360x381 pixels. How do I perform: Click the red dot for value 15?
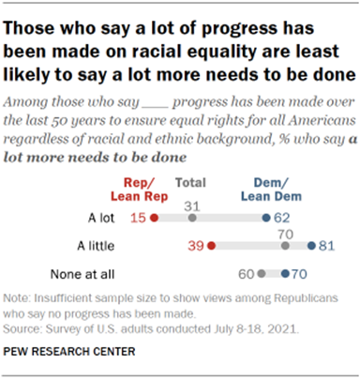point(153,217)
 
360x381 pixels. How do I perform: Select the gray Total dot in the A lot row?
point(191,217)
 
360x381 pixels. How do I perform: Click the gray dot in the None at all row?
point(262,276)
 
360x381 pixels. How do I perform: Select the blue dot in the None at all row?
point(285,276)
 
